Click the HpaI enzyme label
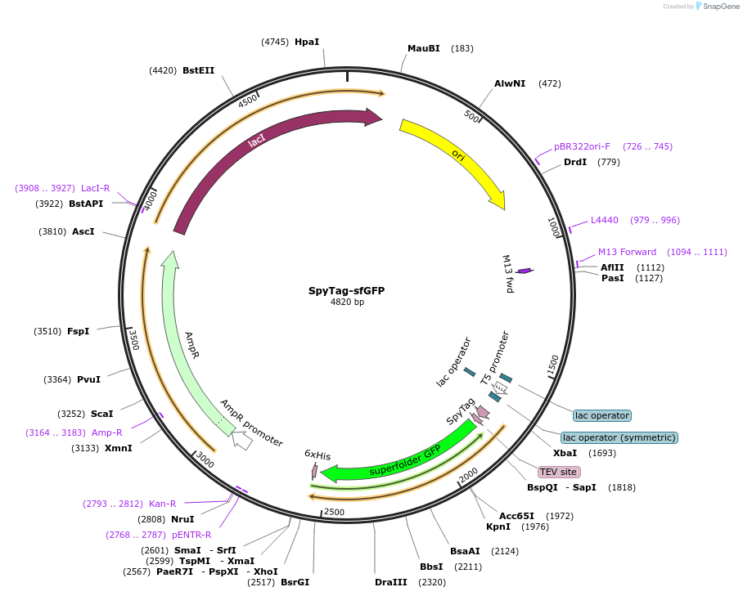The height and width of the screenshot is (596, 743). [307, 42]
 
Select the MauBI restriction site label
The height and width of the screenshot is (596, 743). [424, 48]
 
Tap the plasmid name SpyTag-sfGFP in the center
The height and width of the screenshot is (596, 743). [346, 290]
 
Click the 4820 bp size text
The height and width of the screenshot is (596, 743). [347, 302]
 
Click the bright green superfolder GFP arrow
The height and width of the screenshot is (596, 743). [401, 463]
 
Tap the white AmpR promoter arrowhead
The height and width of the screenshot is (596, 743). [242, 441]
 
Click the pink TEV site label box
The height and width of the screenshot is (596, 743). [559, 472]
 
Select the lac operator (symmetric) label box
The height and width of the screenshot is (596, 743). [619, 437]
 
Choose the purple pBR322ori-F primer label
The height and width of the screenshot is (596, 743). [582, 147]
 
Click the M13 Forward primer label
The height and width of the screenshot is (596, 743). [627, 252]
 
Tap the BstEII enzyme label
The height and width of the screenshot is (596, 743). [199, 70]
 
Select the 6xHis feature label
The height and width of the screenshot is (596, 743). [317, 455]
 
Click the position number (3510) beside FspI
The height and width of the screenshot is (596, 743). [47, 331]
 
